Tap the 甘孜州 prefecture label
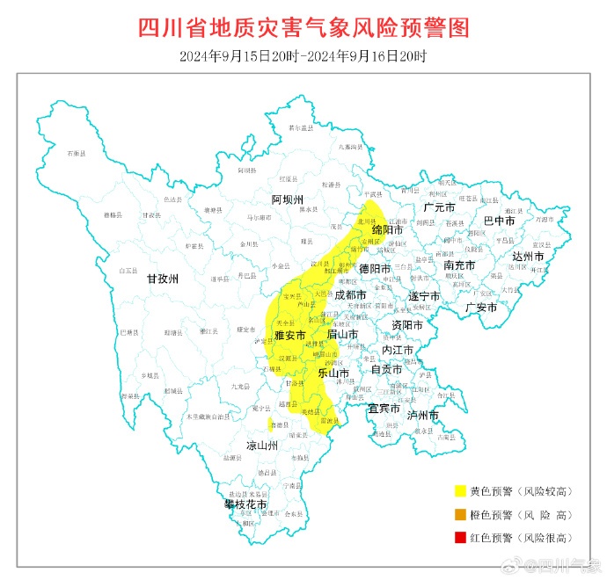click(162, 279)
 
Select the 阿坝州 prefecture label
click(287, 199)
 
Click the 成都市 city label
click(351, 295)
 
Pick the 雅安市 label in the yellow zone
click(289, 335)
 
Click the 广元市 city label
click(439, 207)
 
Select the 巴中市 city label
click(500, 220)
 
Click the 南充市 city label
click(460, 265)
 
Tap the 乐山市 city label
click(333, 373)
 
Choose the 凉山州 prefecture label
click(261, 446)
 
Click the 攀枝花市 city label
click(245, 504)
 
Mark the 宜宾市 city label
click(384, 409)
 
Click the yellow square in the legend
click(459, 491)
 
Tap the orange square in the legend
click(459, 514)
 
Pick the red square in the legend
click(459, 537)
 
